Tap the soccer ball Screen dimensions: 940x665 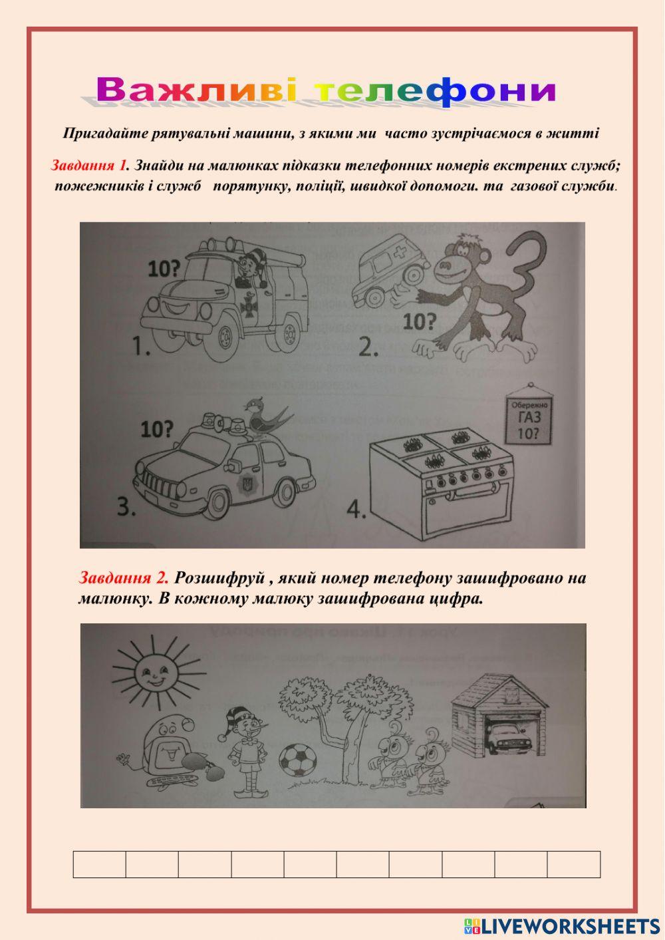click(x=297, y=758)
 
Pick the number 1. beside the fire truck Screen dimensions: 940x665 click(x=142, y=347)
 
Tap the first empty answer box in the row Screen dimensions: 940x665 click(x=100, y=864)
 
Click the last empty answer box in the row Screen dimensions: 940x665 click(x=573, y=864)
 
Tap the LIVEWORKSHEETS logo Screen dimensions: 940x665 click(x=563, y=925)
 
